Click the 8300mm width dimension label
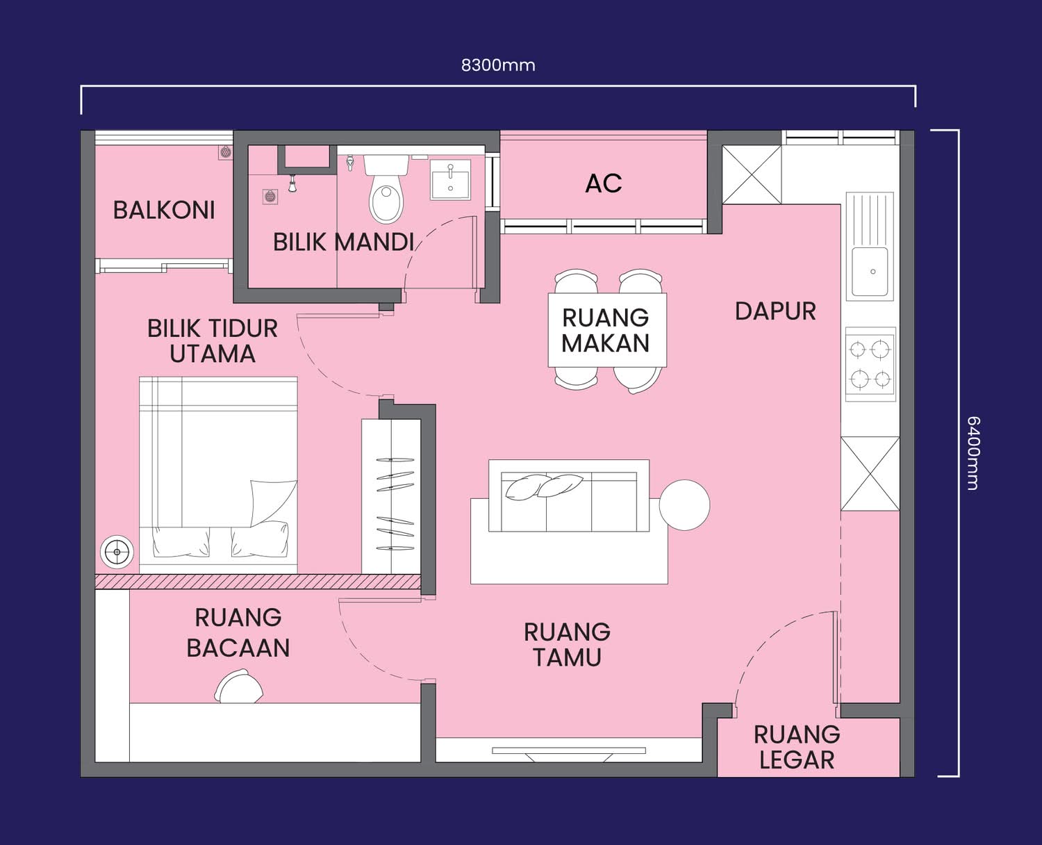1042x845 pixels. click(498, 65)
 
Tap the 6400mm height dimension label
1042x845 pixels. click(973, 452)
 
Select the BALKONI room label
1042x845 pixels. click(164, 211)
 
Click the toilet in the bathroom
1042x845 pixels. click(386, 188)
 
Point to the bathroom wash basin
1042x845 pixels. click(450, 179)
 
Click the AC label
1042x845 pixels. click(604, 183)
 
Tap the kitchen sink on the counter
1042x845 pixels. click(870, 246)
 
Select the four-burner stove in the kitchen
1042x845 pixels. click(870, 364)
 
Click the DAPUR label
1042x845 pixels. click(775, 311)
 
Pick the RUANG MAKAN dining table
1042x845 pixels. click(607, 330)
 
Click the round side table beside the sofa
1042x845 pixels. click(684, 505)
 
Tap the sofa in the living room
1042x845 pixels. click(569, 495)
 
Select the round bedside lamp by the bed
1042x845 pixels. click(117, 552)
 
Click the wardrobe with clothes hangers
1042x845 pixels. click(391, 496)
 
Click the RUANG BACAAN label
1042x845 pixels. click(238, 632)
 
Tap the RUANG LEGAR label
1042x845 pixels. click(797, 747)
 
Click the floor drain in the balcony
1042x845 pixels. click(226, 152)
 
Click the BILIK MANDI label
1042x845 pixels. click(343, 243)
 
